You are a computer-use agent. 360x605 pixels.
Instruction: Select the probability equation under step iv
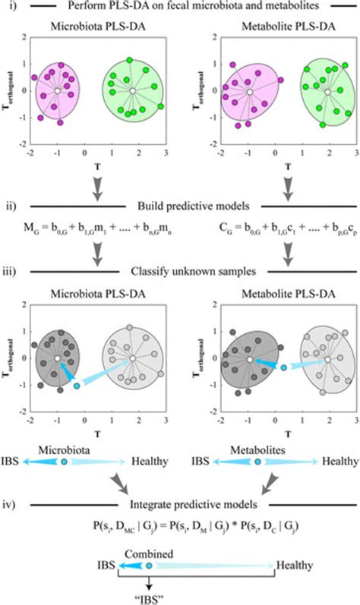[180, 525]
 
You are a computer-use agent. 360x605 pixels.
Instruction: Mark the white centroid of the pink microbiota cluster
[57, 92]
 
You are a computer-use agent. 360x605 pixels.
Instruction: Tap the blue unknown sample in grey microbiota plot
[76, 386]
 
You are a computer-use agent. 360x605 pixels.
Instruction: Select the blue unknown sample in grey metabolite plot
[283, 367]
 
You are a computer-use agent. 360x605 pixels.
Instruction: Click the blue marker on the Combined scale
[149, 566]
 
